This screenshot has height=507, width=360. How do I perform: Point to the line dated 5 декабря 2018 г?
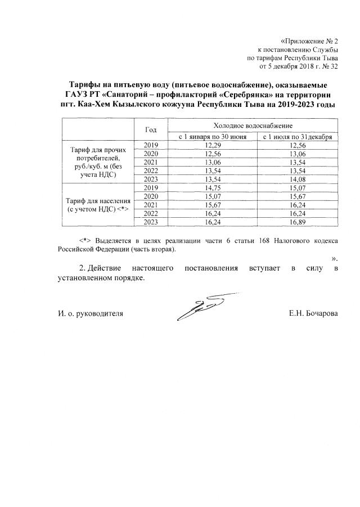coord(298,66)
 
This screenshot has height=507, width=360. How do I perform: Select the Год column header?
coord(150,129)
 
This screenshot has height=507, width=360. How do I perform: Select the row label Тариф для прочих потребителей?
coord(99,163)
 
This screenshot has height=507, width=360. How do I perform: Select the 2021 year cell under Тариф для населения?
coord(150,205)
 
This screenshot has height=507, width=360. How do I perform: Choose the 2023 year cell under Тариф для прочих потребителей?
coord(150,179)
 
